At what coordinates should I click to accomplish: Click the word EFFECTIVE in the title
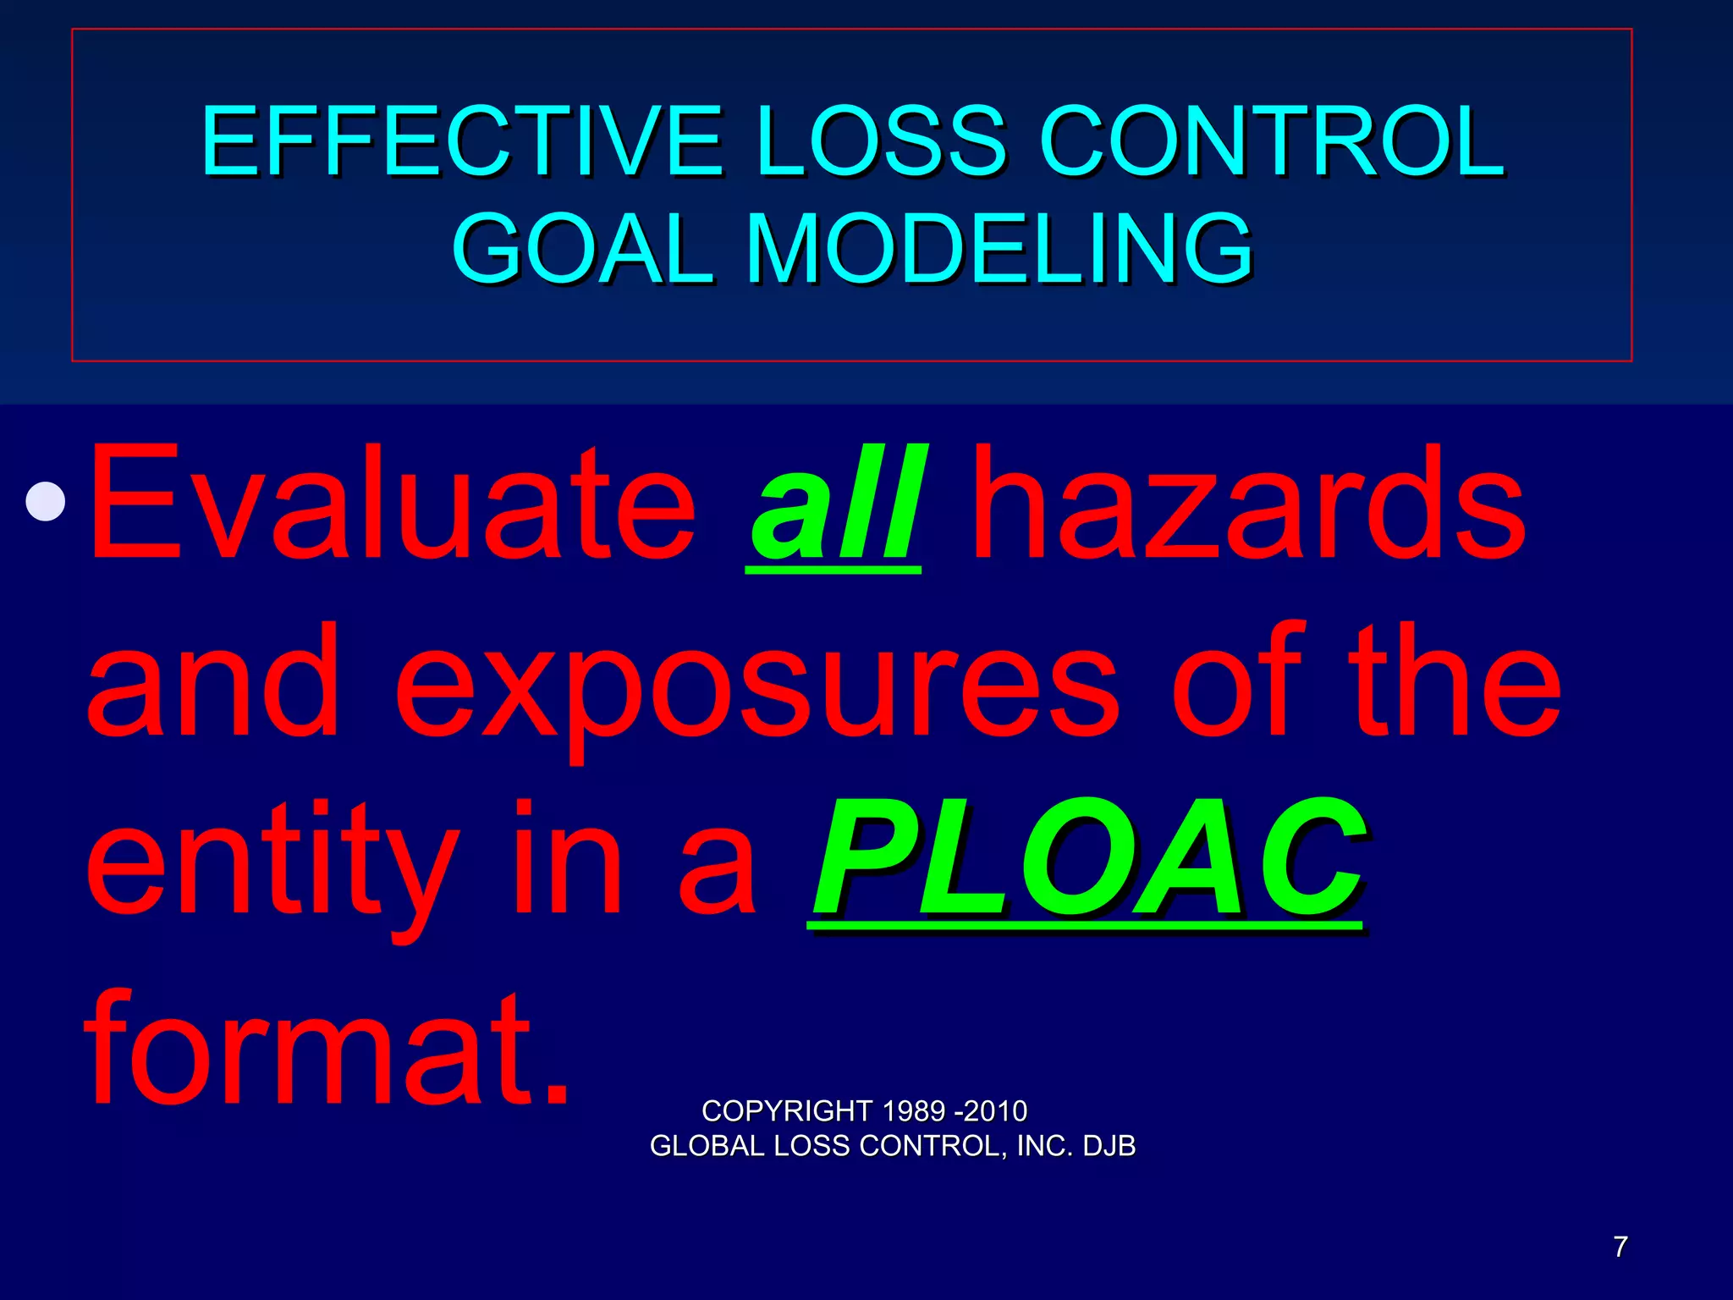[461, 141]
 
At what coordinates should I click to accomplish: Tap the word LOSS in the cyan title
[880, 141]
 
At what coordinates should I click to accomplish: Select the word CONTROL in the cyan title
[1272, 141]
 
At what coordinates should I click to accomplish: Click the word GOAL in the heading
[584, 249]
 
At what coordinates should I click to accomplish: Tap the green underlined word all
[835, 505]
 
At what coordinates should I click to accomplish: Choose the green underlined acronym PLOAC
[1089, 861]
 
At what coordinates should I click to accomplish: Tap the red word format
[326, 1049]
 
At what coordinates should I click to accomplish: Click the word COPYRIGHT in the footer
[787, 1110]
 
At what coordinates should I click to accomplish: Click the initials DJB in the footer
[1109, 1146]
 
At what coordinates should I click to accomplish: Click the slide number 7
[1620, 1247]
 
